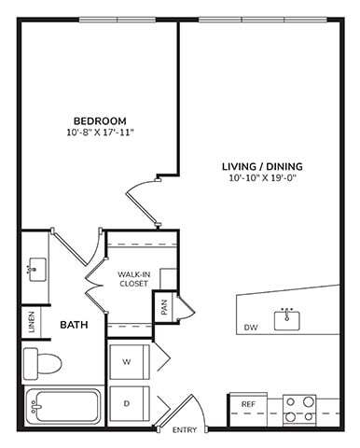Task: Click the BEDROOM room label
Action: click(100, 120)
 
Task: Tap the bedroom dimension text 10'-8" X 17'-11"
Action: click(100, 133)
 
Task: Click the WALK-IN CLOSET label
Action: click(133, 278)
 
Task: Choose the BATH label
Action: click(74, 326)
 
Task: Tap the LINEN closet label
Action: click(32, 321)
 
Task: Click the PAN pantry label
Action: click(165, 307)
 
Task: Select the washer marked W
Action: click(126, 362)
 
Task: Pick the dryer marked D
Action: click(126, 403)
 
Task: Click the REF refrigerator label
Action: click(248, 404)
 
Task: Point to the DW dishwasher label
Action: click(250, 328)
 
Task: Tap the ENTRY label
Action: click(185, 430)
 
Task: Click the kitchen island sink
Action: click(287, 320)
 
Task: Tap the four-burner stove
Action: click(299, 409)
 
